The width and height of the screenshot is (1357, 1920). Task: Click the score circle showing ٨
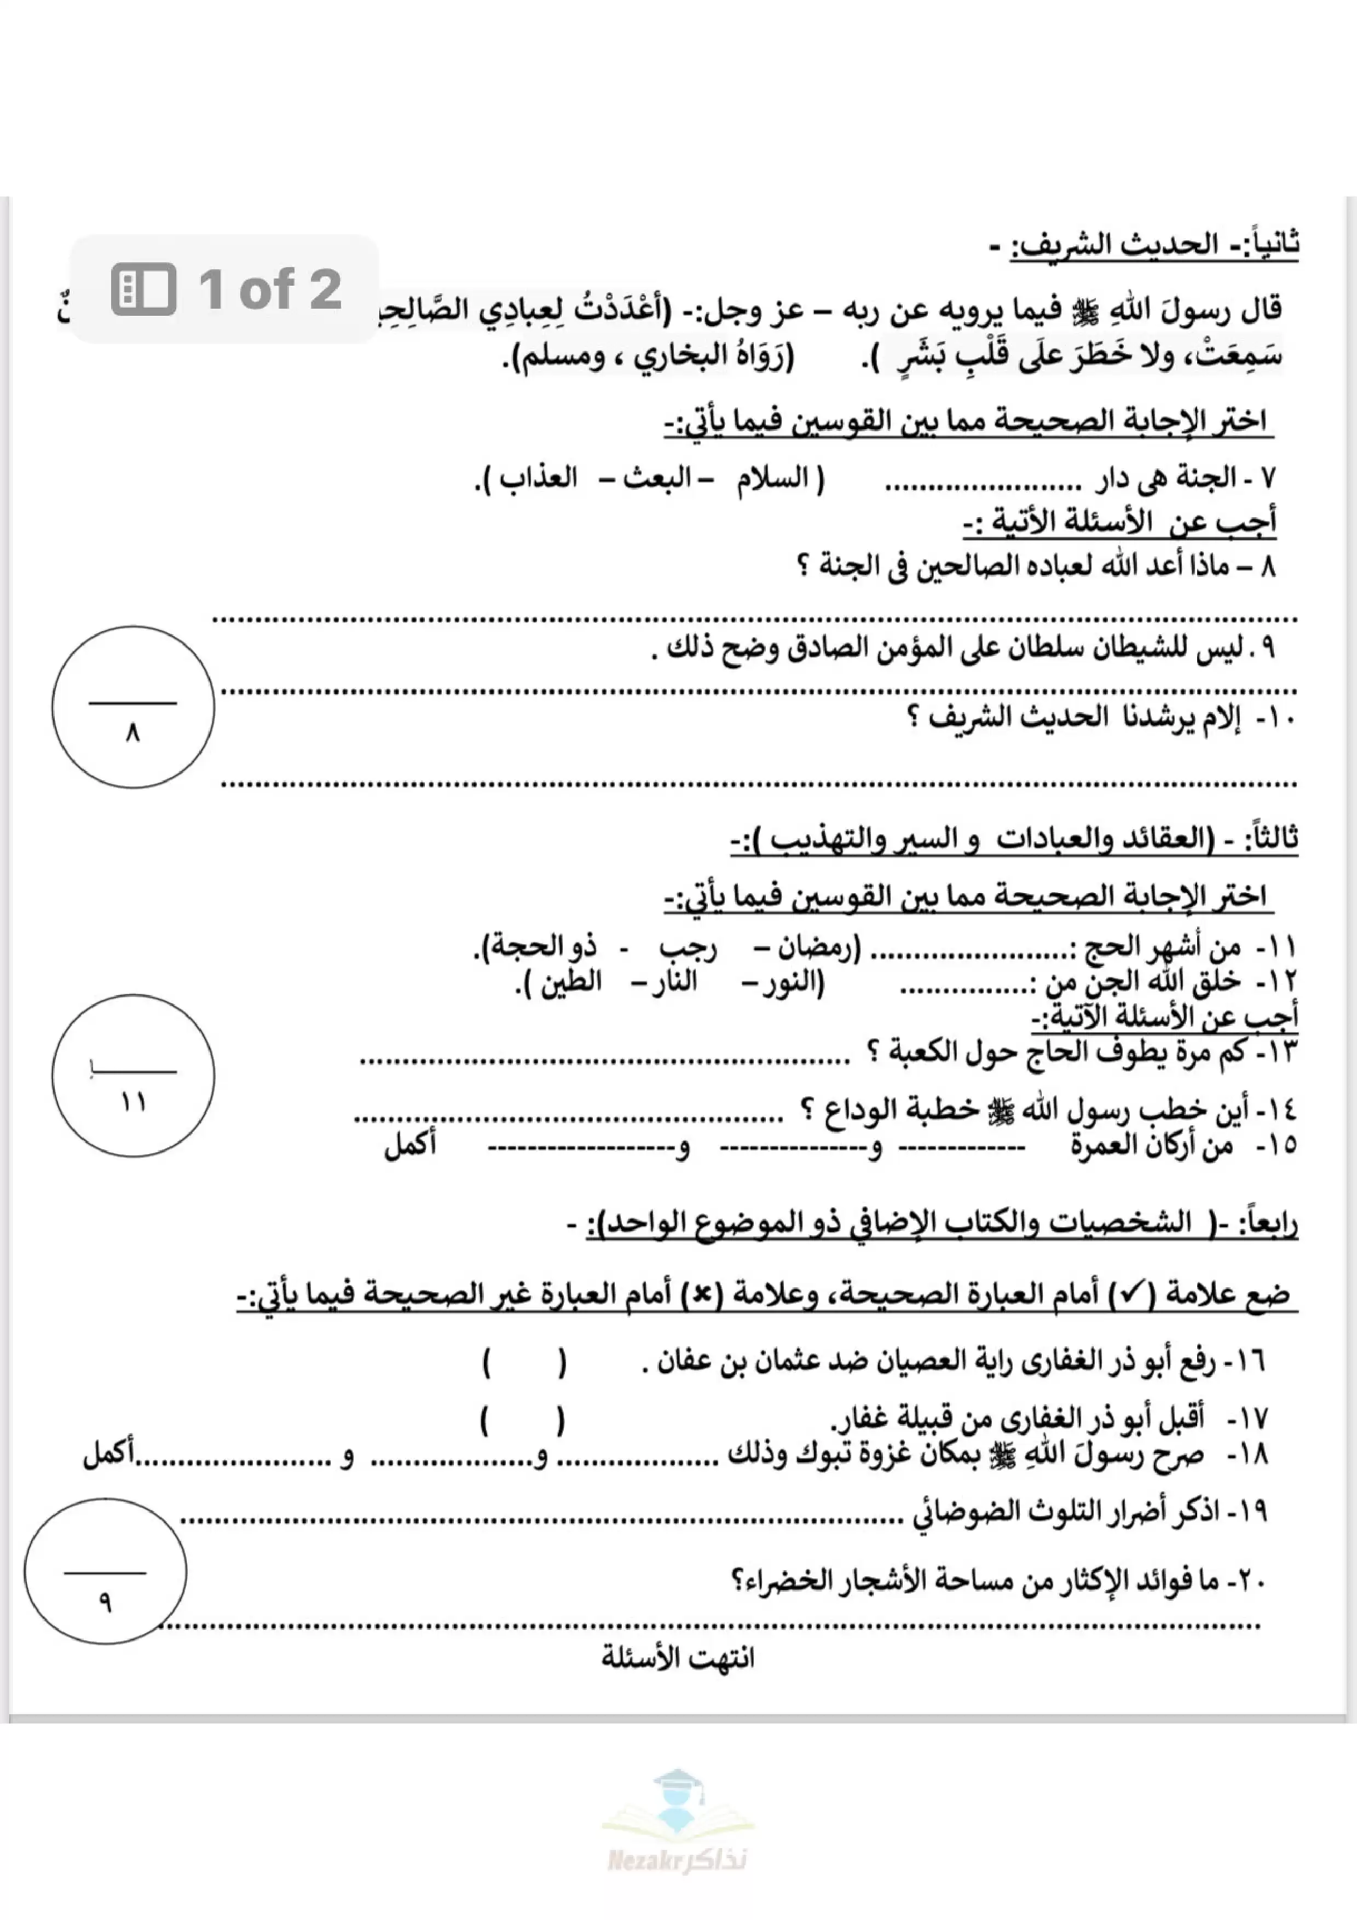pyautogui.click(x=133, y=707)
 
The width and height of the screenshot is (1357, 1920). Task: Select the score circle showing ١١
pyautogui.click(x=133, y=1075)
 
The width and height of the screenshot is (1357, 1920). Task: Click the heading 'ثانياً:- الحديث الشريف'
pyautogui.click(x=1154, y=246)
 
